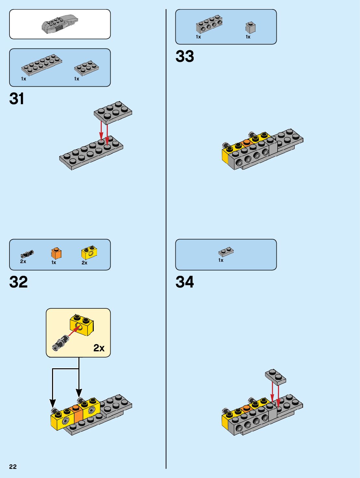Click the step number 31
17,99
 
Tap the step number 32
19,282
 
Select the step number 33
185,56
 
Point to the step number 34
185,282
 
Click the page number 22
13,467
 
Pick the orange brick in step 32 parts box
56,253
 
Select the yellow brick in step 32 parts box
89,252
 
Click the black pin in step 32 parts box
27,254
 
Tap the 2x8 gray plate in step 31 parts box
42,64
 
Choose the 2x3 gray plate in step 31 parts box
87,67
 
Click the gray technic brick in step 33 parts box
209,24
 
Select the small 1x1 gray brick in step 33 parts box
250,27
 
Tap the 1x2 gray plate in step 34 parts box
226,252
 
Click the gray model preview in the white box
60,24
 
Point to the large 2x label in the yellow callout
99,348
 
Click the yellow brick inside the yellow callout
82,325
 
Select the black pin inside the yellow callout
61,343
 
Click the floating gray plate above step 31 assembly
113,112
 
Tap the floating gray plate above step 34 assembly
275,377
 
